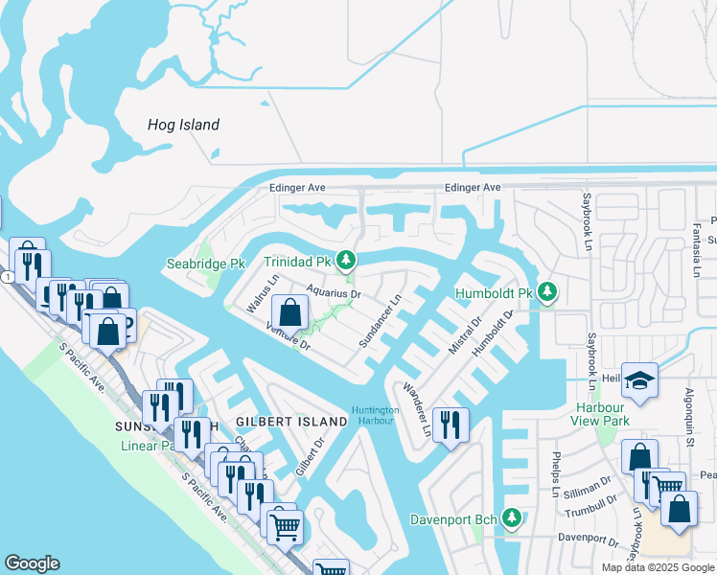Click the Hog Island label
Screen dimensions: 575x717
[x=183, y=125]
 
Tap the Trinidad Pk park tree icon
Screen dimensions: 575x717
[x=346, y=260]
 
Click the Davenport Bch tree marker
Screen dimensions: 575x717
[x=512, y=518]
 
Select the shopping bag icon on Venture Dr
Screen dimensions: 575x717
[x=289, y=312]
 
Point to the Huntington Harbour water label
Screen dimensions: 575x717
[x=375, y=416]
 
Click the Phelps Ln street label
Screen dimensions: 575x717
[x=555, y=475]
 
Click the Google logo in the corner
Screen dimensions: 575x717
[x=32, y=563]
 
